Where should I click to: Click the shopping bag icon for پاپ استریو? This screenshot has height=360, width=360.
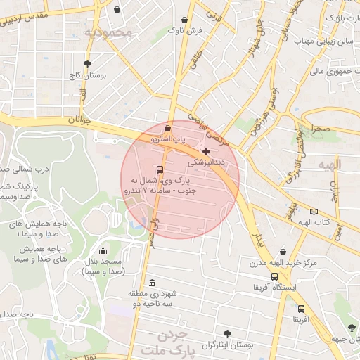click(167, 129)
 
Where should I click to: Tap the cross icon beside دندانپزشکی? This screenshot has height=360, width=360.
click(206, 151)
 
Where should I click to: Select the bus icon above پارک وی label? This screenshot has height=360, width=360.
click(160, 169)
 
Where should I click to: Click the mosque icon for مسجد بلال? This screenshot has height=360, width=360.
click(103, 251)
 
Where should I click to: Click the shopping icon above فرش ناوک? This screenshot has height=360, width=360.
click(184, 20)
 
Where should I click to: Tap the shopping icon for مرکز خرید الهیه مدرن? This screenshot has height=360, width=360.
click(283, 252)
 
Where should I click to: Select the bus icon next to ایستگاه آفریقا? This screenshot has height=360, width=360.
click(254, 288)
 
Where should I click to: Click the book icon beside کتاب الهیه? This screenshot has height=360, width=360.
click(313, 211)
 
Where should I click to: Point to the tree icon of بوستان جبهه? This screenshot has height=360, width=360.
click(351, 328)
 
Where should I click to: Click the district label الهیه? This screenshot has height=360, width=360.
click(327, 165)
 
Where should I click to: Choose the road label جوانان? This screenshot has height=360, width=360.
click(80, 120)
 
